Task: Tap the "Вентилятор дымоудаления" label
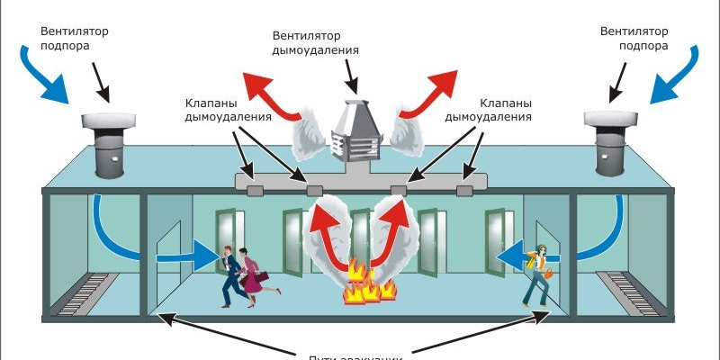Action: tap(316, 43)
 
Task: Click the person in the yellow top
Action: tap(538, 274)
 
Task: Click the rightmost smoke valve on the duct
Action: tap(464, 190)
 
